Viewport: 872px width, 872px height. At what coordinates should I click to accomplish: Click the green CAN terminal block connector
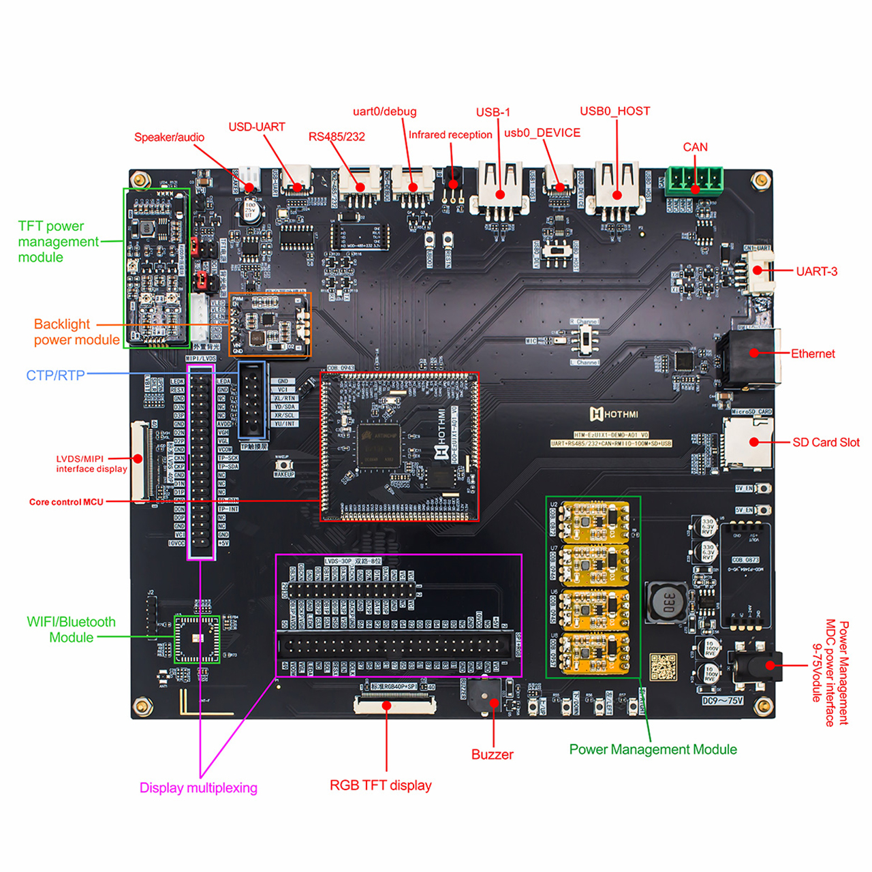pos(694,181)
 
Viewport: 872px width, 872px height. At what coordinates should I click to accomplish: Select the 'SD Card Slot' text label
pos(826,443)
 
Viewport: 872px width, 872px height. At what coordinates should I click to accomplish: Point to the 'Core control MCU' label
pos(66,502)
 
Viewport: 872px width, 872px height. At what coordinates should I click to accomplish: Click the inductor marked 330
pos(664,602)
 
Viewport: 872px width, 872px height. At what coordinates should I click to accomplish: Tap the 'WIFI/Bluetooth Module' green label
pos(71,629)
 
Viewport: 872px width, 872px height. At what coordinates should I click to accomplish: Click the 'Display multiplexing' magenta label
pos(198,788)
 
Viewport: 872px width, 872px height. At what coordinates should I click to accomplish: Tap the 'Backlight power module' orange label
pos(76,332)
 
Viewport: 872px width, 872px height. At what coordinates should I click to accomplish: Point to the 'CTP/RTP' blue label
pos(55,375)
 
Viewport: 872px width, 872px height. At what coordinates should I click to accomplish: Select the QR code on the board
pos(664,668)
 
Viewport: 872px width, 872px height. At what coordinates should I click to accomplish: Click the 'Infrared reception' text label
pos(450,135)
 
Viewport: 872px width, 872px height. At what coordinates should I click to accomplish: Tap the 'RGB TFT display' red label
pos(380,785)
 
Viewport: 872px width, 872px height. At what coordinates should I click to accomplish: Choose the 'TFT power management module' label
pos(58,242)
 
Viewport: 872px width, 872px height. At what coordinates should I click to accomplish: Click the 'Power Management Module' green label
pos(653,749)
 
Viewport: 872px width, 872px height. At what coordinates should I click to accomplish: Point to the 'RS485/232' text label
pos(337,137)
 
